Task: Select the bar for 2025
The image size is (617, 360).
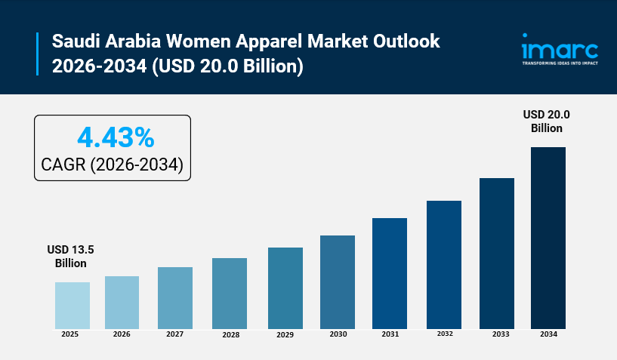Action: tap(72, 305)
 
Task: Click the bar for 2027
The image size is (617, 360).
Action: tap(175, 297)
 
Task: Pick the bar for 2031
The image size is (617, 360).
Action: tap(390, 272)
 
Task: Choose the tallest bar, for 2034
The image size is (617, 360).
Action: tap(548, 237)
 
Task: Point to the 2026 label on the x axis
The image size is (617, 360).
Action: tap(122, 334)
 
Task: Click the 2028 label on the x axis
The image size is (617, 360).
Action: tap(230, 335)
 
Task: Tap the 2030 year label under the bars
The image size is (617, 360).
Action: tap(337, 334)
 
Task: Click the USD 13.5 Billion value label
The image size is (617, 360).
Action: tap(70, 257)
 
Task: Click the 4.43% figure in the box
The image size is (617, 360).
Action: tap(116, 138)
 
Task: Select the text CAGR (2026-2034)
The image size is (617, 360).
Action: tap(113, 165)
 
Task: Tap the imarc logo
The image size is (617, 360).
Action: tap(560, 49)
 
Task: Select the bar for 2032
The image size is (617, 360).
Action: tap(443, 264)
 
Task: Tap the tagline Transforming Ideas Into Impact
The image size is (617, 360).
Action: tap(560, 63)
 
